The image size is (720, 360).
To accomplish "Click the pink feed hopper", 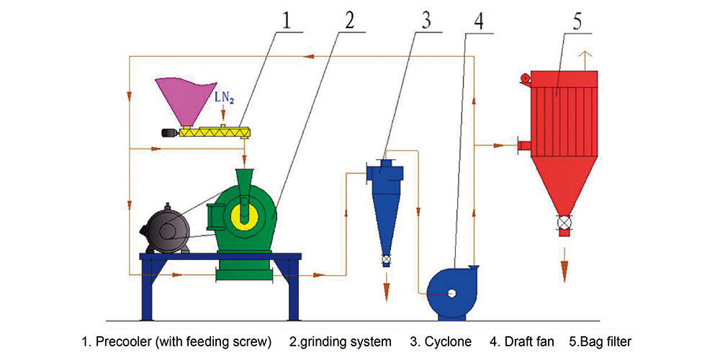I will [x=181, y=99].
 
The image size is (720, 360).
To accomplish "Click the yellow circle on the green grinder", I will [x=243, y=214].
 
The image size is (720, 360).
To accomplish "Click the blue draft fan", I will [x=450, y=292].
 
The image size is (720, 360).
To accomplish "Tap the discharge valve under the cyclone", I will [x=386, y=258].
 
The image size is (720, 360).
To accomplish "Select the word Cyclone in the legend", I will [x=448, y=341].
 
